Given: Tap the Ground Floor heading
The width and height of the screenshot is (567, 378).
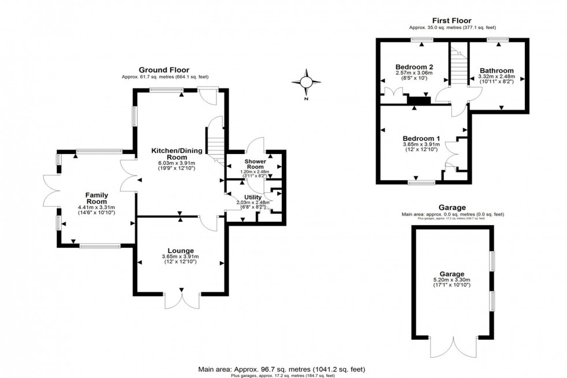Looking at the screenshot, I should click(164, 70).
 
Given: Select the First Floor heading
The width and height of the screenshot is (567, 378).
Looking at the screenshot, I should click(452, 20).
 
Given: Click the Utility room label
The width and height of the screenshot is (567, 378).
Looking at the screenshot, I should click(253, 197).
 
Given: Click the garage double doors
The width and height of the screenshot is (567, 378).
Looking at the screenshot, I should click(453, 352).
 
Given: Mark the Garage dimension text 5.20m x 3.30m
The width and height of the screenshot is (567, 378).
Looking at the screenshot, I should click(452, 280).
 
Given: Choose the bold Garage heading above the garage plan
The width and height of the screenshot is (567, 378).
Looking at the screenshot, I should click(452, 207).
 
